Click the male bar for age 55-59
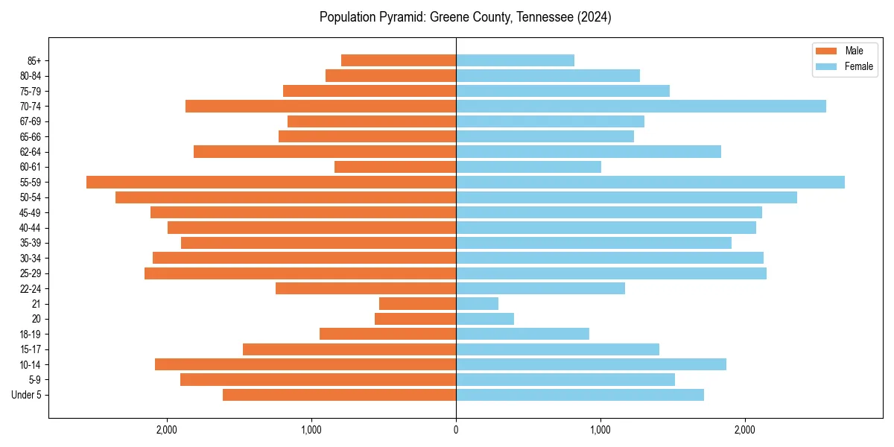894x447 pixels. (271, 183)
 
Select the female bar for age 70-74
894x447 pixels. (641, 107)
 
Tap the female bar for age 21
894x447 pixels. (477, 304)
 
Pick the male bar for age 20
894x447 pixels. (415, 319)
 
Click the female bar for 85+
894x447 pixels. (515, 60)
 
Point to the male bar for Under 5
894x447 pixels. (339, 395)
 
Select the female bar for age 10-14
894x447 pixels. (591, 364)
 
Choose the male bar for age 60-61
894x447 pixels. (395, 167)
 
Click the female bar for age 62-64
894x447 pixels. (589, 152)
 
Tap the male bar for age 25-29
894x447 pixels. (300, 273)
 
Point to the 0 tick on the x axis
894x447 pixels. (456, 429)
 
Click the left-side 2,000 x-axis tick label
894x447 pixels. (166, 429)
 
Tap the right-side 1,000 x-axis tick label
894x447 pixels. (600, 429)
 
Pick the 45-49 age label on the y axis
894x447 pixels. (30, 213)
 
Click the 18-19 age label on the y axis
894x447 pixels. (30, 335)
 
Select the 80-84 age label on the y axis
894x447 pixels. (30, 76)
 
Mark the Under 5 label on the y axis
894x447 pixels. (26, 395)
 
